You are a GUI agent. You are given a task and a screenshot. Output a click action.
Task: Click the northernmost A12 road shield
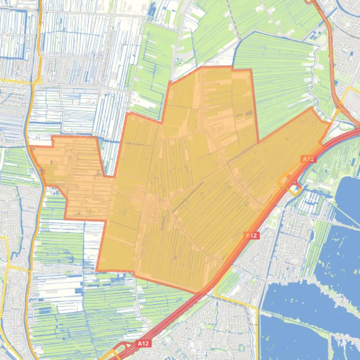click(x=308, y=159)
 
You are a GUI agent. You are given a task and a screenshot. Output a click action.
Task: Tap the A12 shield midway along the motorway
click(x=251, y=236)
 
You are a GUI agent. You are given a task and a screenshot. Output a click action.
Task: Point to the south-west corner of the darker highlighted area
click(x=97, y=270)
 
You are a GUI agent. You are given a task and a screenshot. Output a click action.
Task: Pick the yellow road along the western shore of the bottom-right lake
click(x=258, y=323)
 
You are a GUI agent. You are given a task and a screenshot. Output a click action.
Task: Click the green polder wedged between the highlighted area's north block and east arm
click(x=281, y=94)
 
